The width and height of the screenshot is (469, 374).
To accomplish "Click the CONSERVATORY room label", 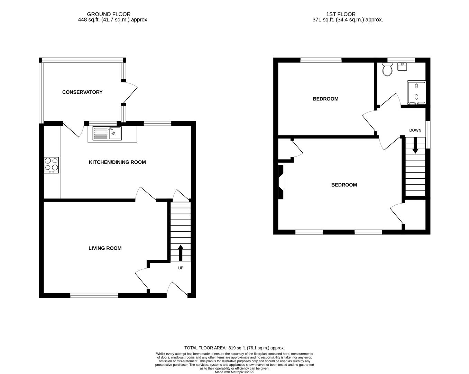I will coord(82,92).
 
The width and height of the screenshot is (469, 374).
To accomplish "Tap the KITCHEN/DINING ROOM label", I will coord(117,162).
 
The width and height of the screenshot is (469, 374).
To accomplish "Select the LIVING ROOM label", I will coord(105,248).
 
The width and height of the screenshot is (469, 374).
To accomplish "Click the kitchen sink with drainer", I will coord(107,133).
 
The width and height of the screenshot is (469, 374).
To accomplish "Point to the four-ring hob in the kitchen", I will coord(51,165).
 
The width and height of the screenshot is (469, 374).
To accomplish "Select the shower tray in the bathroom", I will coord(416,92).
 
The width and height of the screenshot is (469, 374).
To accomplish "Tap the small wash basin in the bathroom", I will coord(402,66).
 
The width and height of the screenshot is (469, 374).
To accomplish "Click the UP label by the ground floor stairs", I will coord(181,268).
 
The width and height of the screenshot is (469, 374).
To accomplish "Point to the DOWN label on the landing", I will coord(415,130).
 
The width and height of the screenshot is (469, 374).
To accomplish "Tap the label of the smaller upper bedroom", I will coord(325,99).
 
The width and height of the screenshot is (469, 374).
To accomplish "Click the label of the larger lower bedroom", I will coord(344,185).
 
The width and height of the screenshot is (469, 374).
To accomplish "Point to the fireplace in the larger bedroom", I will coord(282,182).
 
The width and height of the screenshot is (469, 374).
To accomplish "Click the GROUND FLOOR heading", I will coord(109,14).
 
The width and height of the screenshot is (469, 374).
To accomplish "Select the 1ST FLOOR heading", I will coord(341,14).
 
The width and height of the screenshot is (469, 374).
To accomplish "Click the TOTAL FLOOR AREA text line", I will coord(234,348).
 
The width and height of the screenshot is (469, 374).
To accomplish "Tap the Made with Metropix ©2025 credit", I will coord(234,372).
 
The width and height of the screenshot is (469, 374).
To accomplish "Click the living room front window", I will coord(94,295).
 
